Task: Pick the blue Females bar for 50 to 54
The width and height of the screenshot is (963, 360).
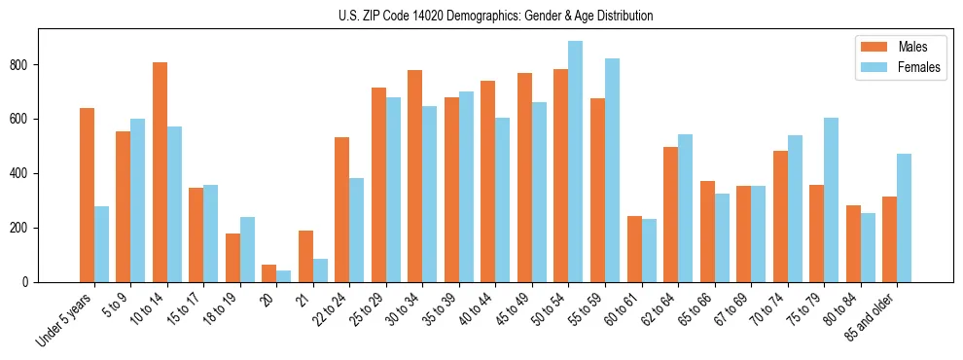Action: tap(575, 162)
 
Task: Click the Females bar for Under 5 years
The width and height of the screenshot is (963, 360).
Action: tap(101, 244)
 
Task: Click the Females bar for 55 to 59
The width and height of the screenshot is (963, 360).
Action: tap(612, 170)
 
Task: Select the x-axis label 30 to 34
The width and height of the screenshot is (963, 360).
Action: tap(401, 311)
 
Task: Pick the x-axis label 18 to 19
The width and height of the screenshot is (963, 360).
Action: tap(219, 311)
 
